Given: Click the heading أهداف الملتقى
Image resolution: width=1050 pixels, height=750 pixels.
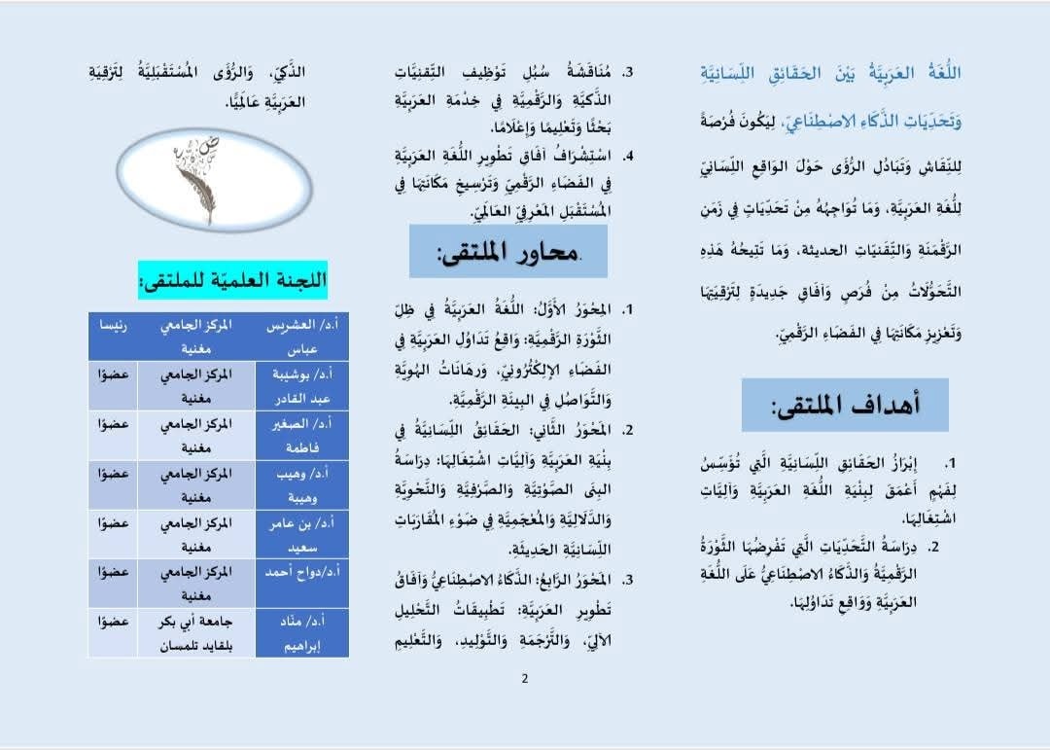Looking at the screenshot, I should pos(845,406).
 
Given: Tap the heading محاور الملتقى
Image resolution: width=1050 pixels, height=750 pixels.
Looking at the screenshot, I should pos(507,252).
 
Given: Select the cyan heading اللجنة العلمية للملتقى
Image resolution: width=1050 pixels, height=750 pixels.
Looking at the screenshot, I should pos(233,280).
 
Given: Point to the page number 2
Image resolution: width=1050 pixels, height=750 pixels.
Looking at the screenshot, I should pos(524,679).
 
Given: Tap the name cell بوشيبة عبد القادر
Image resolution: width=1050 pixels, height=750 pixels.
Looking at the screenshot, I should pos(295,386).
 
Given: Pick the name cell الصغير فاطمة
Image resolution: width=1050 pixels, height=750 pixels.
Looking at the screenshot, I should pos(295,436).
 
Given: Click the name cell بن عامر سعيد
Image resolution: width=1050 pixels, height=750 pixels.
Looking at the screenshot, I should pos(295,534).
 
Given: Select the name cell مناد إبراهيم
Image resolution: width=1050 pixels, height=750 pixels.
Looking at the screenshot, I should pos(295,632).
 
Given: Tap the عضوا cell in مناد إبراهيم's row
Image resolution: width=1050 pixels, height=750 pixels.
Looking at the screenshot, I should pos(110,621).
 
